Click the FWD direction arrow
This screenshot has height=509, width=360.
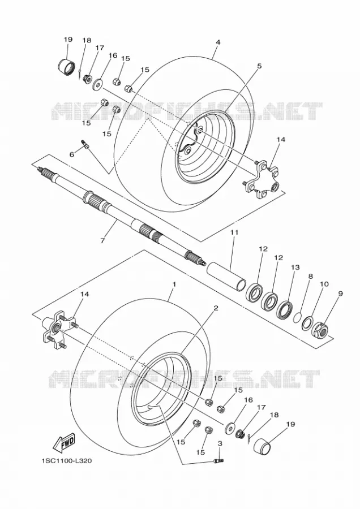(x=64, y=443)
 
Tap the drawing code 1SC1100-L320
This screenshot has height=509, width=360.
(x=66, y=460)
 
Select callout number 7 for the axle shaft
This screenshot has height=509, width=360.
(x=102, y=240)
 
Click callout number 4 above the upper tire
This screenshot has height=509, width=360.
(x=218, y=42)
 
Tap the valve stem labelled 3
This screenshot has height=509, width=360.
(x=218, y=460)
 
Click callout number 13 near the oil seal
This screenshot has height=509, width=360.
(x=295, y=268)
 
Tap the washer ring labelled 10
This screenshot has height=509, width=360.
(x=307, y=323)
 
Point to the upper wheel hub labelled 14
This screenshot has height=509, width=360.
(x=262, y=180)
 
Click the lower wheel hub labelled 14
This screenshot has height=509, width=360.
(x=59, y=329)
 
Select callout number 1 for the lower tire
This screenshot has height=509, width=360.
(x=174, y=284)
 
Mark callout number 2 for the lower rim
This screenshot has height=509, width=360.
(x=216, y=308)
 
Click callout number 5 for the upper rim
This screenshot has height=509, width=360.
(x=259, y=66)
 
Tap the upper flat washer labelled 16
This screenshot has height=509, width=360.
(x=97, y=84)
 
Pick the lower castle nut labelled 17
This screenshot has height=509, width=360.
(x=240, y=433)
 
